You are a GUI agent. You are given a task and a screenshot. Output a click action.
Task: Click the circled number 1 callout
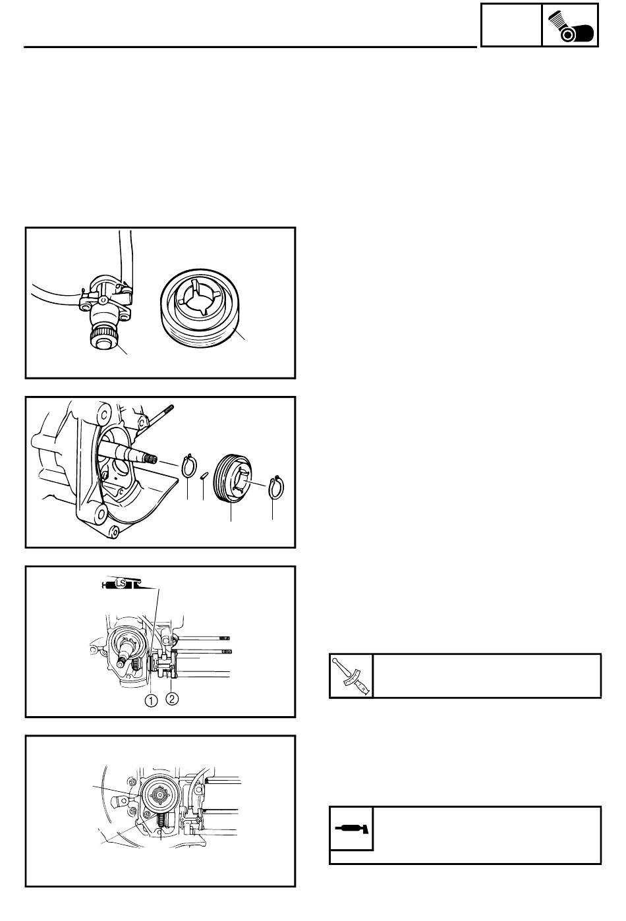coord(152,700)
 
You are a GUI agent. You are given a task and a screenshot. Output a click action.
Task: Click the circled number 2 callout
coord(173,698)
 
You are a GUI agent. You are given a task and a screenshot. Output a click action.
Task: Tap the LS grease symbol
coord(121,583)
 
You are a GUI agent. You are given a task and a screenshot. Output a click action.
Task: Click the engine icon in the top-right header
coord(570,26)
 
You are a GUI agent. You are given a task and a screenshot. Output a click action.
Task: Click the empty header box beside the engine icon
coord(511,25)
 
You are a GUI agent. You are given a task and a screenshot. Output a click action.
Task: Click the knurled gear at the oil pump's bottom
coord(103,330)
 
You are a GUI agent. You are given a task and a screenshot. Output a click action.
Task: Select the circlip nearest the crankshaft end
coord(189,466)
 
